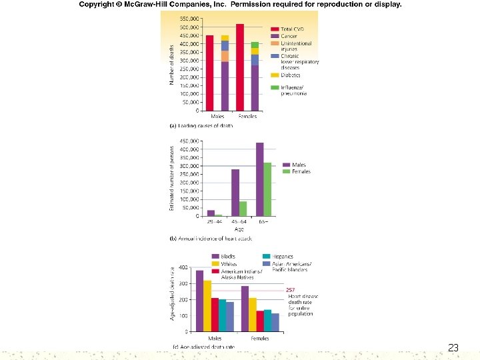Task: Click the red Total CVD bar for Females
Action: pos(240,67)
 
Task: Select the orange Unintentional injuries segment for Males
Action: pos(225,56)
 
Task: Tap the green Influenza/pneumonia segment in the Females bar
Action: pos(255,45)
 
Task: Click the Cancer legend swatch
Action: pos(275,36)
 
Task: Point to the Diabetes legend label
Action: pos(291,75)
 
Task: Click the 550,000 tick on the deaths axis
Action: pos(189,19)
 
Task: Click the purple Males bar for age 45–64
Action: pos(235,193)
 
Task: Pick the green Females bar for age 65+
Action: pos(267,189)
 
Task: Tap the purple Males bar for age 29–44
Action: pos(211,213)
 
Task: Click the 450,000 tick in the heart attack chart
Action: pos(189,141)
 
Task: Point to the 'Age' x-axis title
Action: pos(239,229)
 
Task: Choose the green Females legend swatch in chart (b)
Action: pos(287,172)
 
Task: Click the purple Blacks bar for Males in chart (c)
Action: pos(200,301)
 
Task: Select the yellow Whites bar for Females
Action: pos(253,315)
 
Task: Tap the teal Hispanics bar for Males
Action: pos(223,315)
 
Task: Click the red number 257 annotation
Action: pos(291,290)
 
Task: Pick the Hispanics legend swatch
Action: pos(266,257)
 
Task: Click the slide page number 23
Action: pos(453,347)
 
